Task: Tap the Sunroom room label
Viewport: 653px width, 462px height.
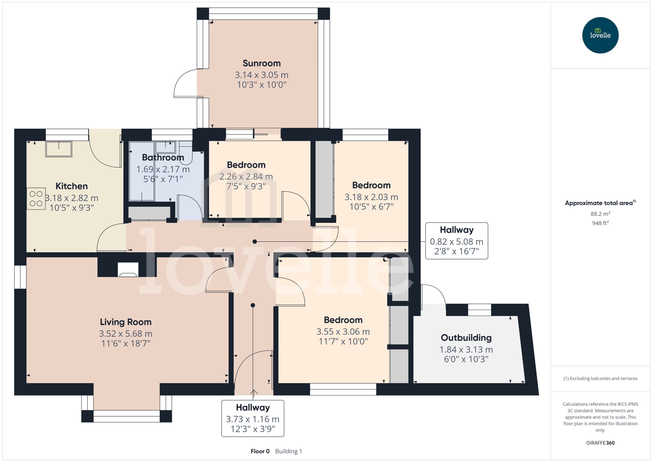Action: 262,63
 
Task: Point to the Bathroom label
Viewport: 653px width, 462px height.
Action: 163,157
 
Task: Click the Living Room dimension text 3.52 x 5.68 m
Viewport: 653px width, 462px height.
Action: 126,333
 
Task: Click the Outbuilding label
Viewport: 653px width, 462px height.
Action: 466,338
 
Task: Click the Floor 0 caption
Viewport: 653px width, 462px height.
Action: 260,451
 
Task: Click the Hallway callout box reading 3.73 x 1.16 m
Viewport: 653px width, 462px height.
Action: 253,418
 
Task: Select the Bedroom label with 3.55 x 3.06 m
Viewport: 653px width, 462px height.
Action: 343,320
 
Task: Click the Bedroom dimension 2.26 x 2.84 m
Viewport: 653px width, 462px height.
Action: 246,177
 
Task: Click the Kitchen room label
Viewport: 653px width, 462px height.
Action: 71,186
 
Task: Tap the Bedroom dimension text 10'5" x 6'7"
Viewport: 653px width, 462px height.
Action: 371,206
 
